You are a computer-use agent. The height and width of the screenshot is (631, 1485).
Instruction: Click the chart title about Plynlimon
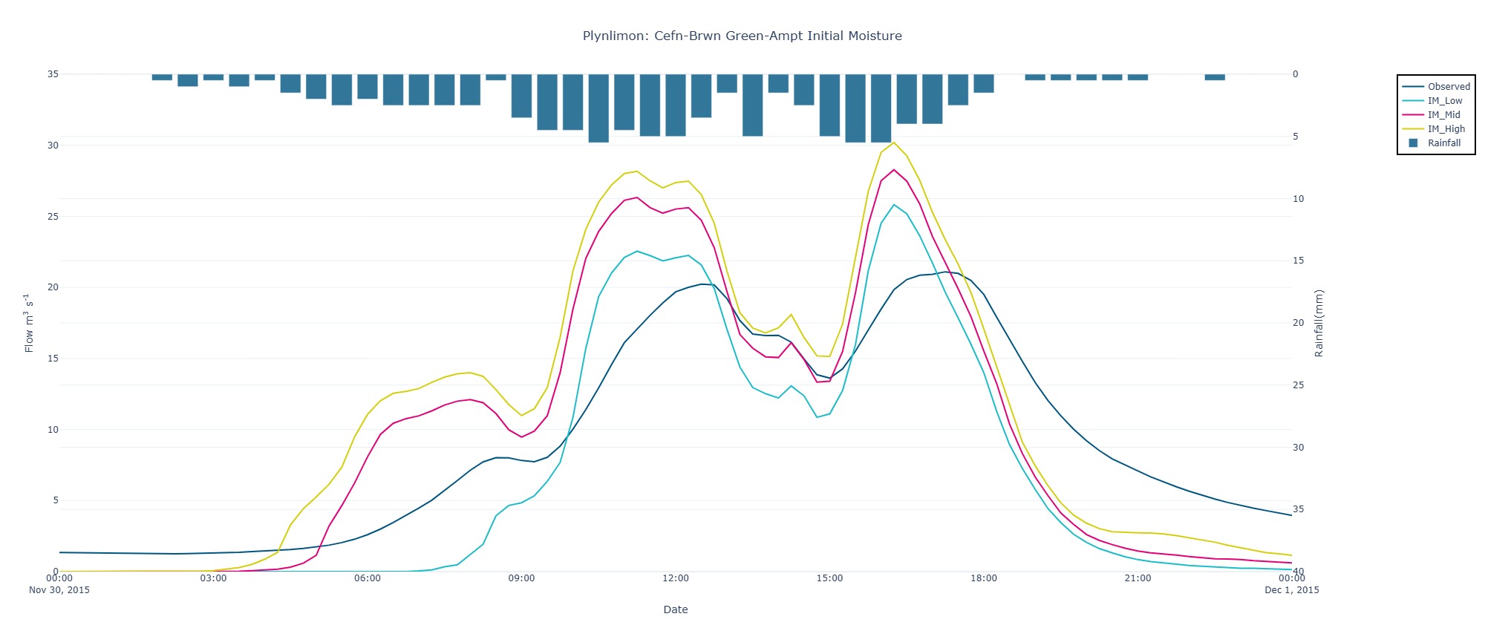click(742, 36)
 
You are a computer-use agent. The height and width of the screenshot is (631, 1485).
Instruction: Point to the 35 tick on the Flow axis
click(53, 74)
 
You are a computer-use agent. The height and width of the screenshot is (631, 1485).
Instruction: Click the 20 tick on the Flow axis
click(53, 287)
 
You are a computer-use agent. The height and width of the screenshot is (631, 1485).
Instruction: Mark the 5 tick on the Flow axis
click(55, 500)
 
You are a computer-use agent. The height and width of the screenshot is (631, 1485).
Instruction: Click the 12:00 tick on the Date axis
click(676, 579)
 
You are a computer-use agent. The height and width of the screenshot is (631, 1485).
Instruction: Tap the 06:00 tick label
click(368, 579)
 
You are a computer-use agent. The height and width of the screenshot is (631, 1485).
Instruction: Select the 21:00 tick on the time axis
click(1138, 579)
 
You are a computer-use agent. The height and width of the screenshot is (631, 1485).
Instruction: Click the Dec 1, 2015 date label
click(1292, 590)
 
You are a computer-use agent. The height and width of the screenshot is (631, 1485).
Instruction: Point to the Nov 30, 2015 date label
click(59, 590)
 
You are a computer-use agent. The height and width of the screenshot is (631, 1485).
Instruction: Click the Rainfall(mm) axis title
click(1319, 323)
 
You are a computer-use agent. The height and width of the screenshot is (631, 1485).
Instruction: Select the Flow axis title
click(29, 323)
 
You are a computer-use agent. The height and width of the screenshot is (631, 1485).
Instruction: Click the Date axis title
click(675, 609)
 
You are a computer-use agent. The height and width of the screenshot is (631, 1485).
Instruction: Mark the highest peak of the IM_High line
click(893, 143)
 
